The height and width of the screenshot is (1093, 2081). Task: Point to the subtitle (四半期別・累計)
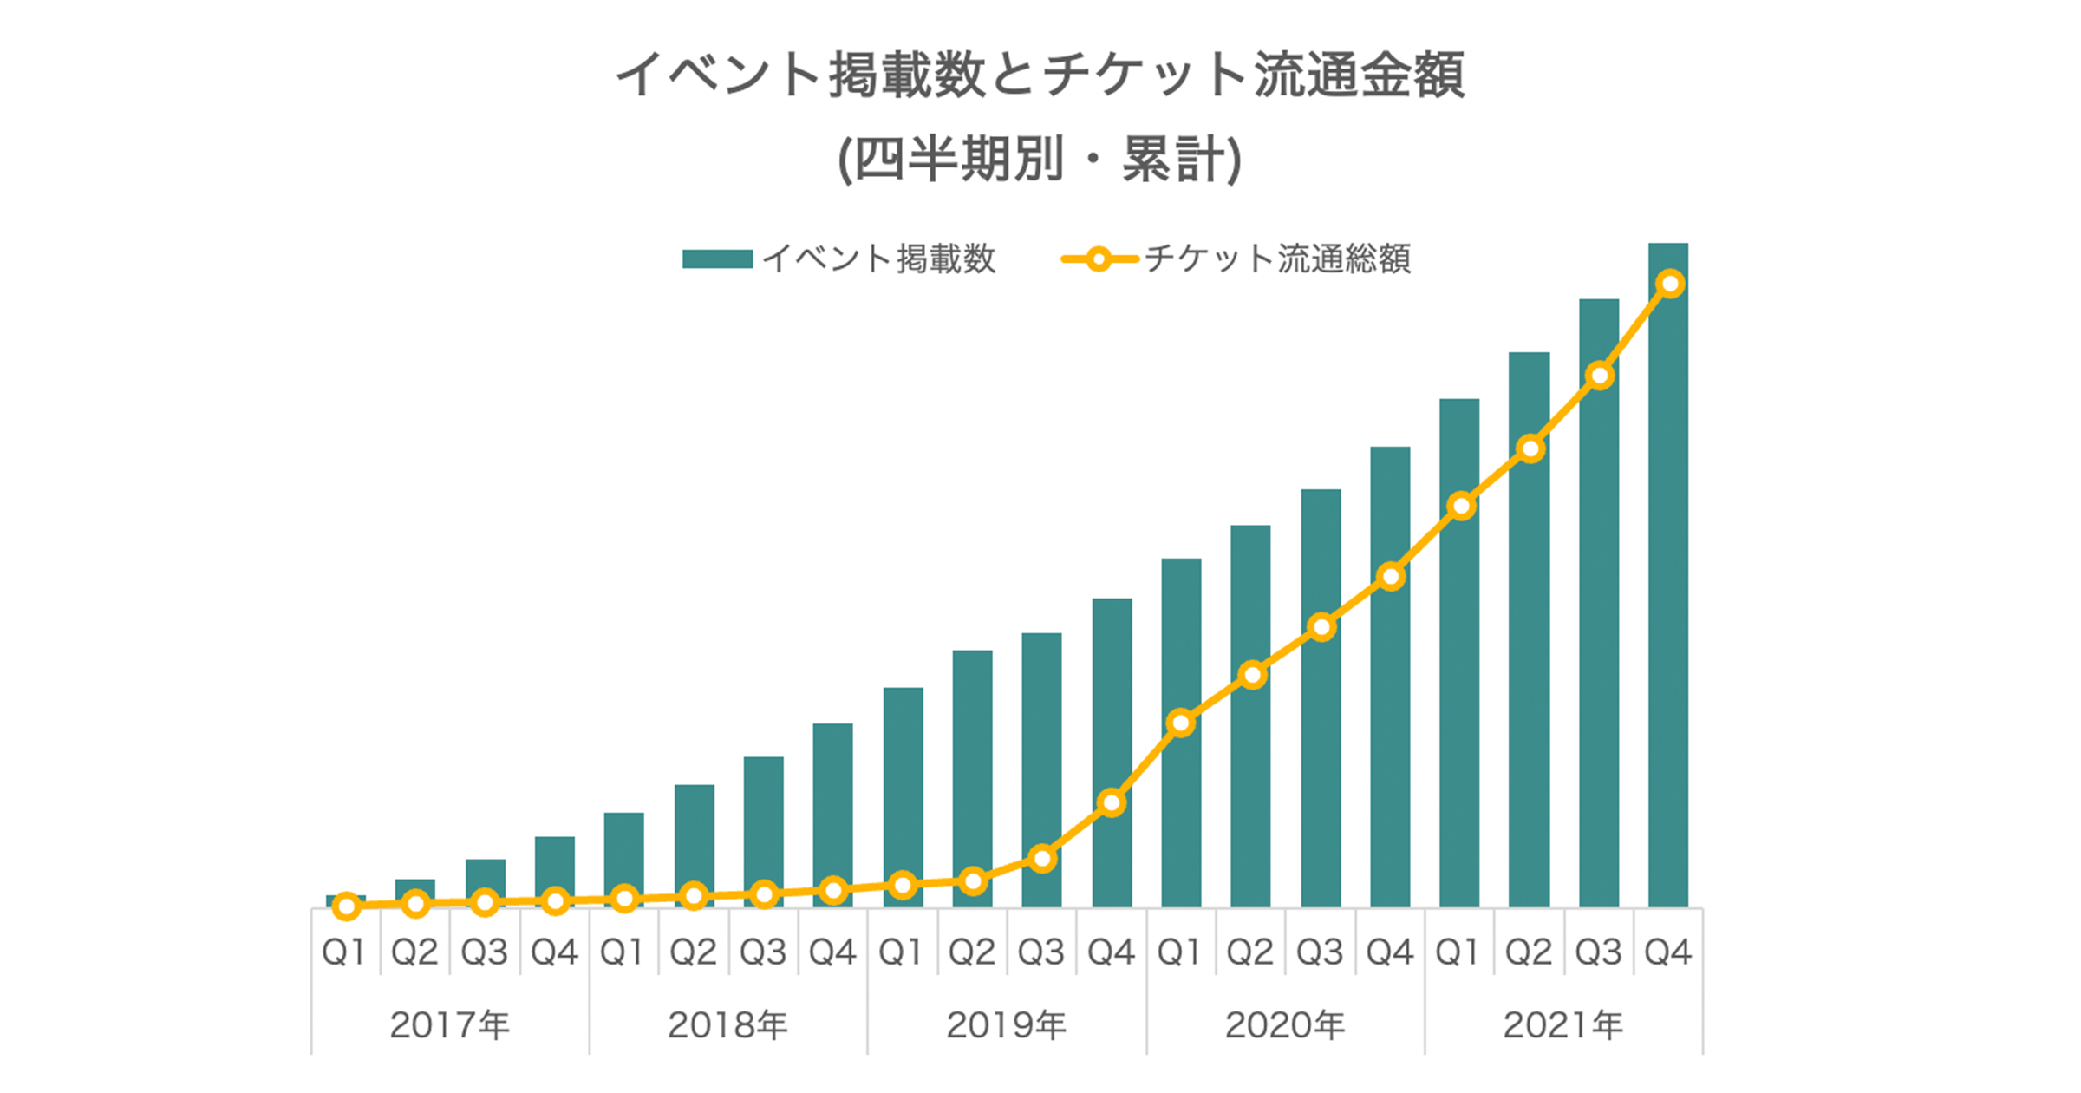[x=1040, y=160]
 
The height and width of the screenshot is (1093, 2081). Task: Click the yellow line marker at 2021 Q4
[x=1670, y=284]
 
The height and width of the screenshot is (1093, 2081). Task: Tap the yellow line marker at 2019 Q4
[x=1112, y=803]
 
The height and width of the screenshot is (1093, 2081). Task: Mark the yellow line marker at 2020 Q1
[x=1181, y=723]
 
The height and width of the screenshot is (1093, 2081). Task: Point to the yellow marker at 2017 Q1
[x=346, y=906]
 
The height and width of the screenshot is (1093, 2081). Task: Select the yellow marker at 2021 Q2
[x=1530, y=449]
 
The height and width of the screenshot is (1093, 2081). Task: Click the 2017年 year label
[x=449, y=1025]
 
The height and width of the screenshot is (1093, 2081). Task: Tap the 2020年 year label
[x=1284, y=1025]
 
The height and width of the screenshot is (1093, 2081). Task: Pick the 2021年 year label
[x=1562, y=1025]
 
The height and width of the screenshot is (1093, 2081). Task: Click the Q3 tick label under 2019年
[x=1040, y=952]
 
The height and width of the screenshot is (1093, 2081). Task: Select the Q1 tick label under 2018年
[x=622, y=952]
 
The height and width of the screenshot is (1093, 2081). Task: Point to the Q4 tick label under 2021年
[x=1667, y=952]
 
